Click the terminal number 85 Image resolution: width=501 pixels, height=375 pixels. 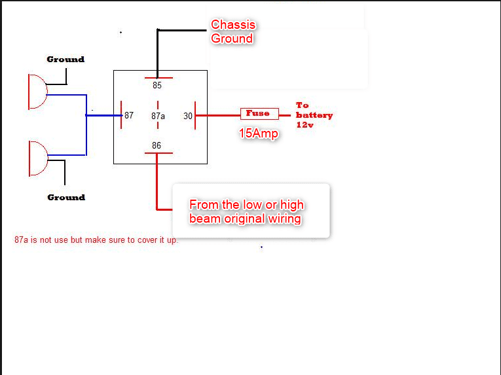[157, 86]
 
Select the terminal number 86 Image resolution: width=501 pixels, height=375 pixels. [157, 145]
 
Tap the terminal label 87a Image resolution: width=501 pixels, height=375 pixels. [158, 116]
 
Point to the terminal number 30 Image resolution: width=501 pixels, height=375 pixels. [188, 116]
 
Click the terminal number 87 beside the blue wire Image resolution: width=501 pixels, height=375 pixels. [129, 116]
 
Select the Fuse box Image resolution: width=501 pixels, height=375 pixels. [259, 114]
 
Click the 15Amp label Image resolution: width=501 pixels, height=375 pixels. [258, 134]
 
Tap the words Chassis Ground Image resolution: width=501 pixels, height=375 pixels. [232, 32]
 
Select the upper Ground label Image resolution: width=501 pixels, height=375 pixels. [65, 60]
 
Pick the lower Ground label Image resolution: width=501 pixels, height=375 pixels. [66, 197]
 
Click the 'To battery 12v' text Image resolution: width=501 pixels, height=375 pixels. [314, 115]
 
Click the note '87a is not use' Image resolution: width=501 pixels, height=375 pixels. [96, 240]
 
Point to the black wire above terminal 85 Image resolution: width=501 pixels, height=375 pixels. [157, 52]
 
